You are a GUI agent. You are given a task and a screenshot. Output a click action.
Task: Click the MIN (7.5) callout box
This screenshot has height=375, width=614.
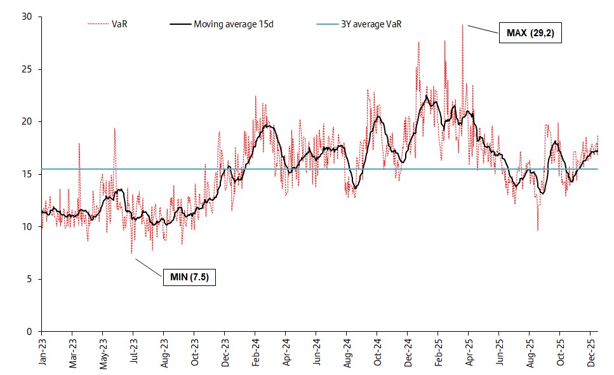[189, 277]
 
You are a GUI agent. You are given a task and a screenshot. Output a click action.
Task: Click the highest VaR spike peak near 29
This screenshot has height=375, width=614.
[463, 25]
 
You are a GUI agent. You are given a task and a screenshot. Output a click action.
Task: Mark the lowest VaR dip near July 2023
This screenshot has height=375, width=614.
[131, 254]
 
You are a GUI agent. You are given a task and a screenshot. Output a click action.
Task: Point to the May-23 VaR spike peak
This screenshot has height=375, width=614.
[114, 128]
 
